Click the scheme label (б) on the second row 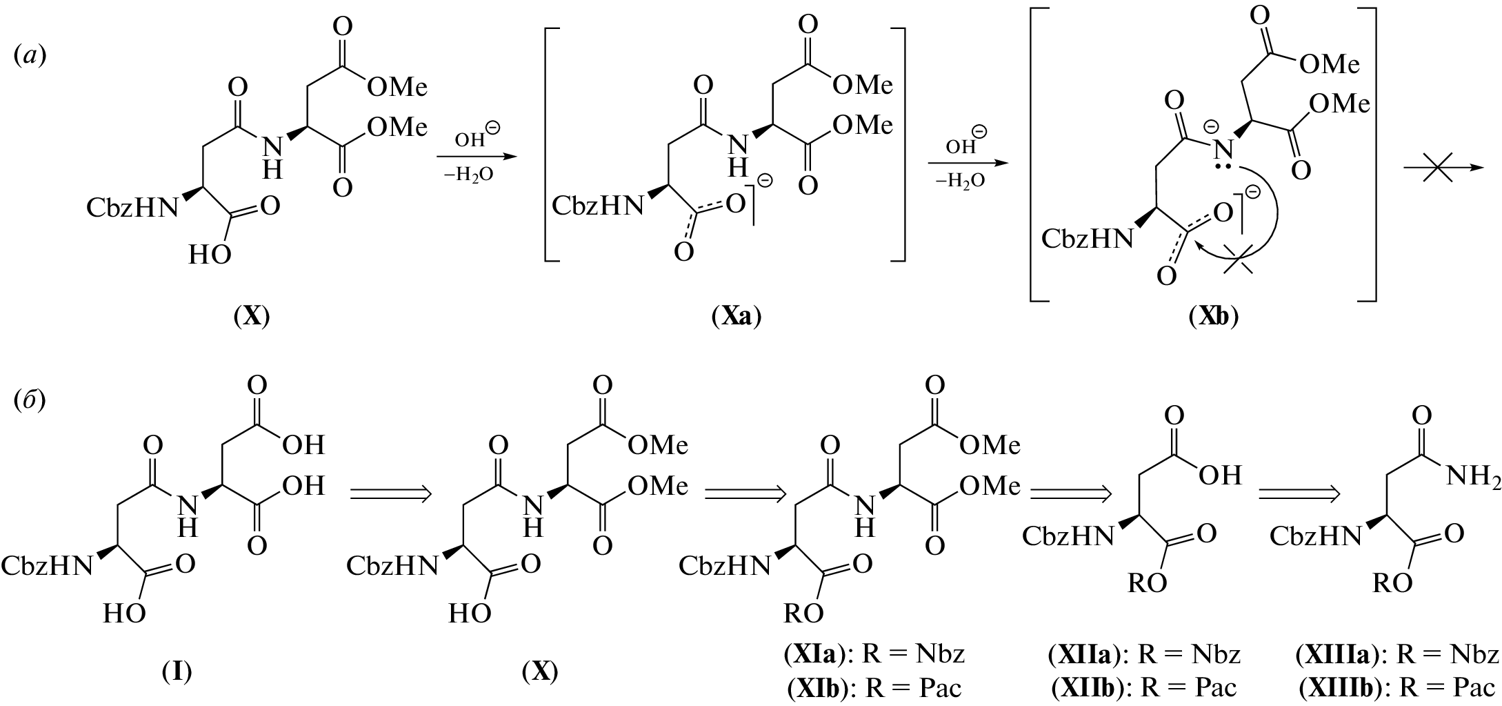click(x=30, y=401)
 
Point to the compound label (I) click(x=177, y=670)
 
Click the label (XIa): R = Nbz click(x=874, y=653)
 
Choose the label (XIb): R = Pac click(x=874, y=687)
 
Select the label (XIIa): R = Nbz click(x=1144, y=653)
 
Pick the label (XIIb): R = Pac click(x=1144, y=687)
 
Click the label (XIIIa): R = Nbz click(x=1398, y=653)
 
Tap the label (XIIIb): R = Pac click(x=1398, y=687)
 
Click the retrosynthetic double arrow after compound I click(x=391, y=493)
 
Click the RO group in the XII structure click(x=1147, y=583)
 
